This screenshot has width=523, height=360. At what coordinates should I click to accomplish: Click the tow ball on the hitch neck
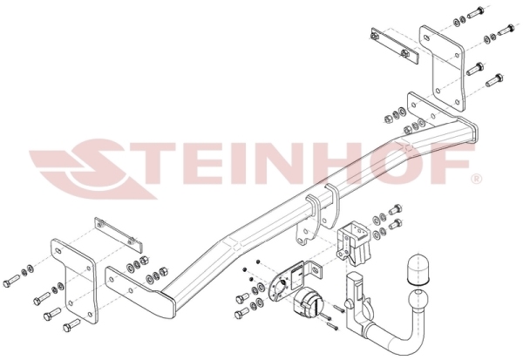(x=419, y=297)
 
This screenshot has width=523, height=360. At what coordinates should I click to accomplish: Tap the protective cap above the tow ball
(x=418, y=270)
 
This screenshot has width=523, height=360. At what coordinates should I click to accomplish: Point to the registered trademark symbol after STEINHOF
(x=476, y=180)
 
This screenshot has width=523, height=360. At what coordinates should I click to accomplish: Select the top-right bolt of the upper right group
(x=506, y=30)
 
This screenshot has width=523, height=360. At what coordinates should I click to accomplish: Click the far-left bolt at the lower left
(x=11, y=281)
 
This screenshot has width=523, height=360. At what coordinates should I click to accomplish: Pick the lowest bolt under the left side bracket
(x=71, y=324)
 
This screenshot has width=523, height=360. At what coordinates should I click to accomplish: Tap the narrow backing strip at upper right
(x=395, y=45)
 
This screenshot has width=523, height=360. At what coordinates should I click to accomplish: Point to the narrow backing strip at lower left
(x=119, y=234)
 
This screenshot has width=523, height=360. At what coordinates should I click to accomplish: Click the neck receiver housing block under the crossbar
(x=353, y=243)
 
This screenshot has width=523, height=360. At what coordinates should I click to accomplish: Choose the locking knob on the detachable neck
(x=350, y=304)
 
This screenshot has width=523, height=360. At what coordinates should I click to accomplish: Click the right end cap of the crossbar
(x=468, y=131)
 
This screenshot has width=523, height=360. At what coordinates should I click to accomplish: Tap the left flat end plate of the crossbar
(x=139, y=291)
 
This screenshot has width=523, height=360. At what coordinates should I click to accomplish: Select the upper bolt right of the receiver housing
(x=396, y=210)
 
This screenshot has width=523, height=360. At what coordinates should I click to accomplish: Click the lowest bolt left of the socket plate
(x=241, y=314)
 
